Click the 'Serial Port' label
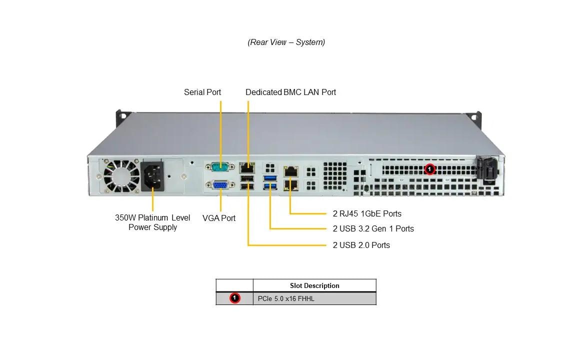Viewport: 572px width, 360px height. [x=202, y=92]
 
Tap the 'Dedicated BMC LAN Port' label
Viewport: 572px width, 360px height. [x=290, y=92]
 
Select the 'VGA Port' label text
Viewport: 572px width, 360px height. [x=219, y=218]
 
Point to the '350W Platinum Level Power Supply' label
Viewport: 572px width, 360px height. [x=152, y=222]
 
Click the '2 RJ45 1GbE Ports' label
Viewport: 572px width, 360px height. [x=367, y=213]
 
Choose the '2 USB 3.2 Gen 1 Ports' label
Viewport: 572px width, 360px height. [x=373, y=228]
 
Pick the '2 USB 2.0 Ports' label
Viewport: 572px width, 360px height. [x=361, y=245]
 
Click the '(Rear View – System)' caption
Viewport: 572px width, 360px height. [x=286, y=42]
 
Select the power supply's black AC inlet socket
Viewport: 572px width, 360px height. [x=152, y=176]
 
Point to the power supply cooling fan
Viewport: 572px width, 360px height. [x=121, y=176]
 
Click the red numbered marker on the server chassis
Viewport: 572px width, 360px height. [x=429, y=169]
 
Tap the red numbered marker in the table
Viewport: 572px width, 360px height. [x=234, y=298]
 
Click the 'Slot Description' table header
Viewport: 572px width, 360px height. [x=314, y=285]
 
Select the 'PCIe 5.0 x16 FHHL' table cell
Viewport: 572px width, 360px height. [x=286, y=299]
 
